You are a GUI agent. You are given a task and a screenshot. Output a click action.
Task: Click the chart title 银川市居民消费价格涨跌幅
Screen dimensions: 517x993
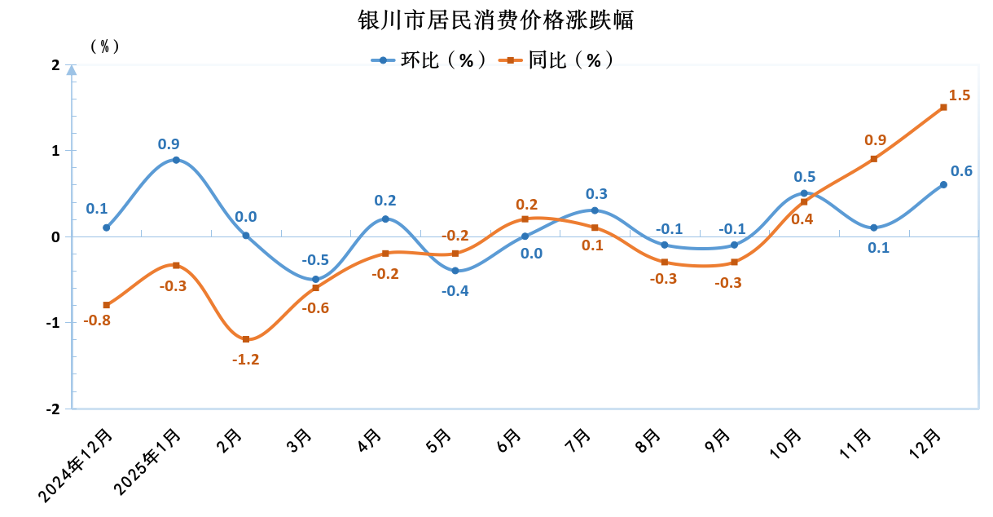coord(496,20)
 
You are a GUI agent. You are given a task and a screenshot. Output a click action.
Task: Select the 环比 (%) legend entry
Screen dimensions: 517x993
coord(428,60)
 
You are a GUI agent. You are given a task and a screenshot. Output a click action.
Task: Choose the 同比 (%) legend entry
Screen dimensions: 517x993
coord(558,60)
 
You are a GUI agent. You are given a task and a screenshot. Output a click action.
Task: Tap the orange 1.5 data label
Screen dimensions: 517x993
coord(960,95)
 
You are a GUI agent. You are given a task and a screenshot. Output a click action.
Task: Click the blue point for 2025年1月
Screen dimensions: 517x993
coord(176,160)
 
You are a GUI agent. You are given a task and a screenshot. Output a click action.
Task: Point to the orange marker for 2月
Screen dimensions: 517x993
coord(246,339)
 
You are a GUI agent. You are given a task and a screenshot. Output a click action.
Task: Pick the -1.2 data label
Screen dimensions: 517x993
coord(246,359)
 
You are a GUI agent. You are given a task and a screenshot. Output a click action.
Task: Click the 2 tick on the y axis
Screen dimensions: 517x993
coord(55,65)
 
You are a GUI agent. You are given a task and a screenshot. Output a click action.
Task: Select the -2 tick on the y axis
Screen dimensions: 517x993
coord(54,409)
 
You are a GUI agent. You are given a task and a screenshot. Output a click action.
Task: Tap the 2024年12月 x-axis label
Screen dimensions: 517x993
coord(78,465)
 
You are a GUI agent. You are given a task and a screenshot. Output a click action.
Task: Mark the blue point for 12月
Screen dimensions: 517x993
coord(943,184)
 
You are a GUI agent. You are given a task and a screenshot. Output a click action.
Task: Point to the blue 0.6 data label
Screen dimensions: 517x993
coord(961,171)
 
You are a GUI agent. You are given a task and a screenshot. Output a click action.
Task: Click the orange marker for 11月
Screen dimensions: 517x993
coord(874,159)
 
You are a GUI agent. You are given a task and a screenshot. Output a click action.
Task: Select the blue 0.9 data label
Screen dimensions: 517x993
coord(169,144)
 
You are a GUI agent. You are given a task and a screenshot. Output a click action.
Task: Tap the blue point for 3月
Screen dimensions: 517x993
coord(316,280)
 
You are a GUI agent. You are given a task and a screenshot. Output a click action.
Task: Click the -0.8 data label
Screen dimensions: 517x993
coord(97,320)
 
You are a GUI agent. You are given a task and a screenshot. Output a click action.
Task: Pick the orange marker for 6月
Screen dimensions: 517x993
coord(525,219)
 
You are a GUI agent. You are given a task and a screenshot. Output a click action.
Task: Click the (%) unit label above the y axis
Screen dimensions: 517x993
coord(104,46)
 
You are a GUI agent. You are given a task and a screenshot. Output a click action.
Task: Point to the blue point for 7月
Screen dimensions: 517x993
coord(595,210)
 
